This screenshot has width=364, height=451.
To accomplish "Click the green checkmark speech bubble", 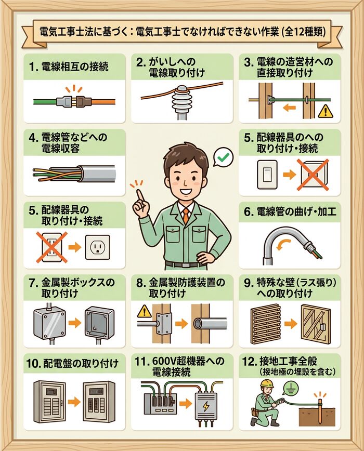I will [x=224, y=156].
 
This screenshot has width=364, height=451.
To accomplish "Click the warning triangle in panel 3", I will [x=326, y=110].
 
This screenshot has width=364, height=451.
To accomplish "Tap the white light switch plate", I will [x=265, y=175].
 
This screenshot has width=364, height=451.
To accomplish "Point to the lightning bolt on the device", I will [x=207, y=405].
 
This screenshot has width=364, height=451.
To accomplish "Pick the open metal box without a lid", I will [x=99, y=322].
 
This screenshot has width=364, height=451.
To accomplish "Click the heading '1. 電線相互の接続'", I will [x=70, y=67].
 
